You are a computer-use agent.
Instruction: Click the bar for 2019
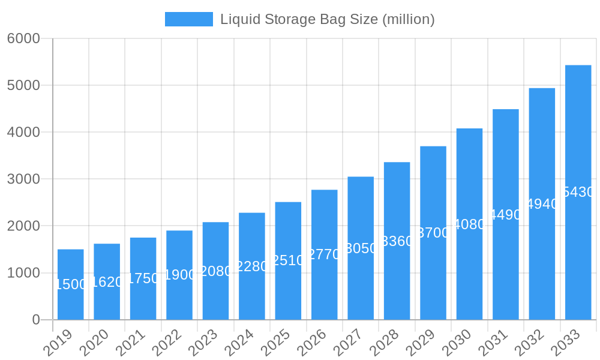point(71,284)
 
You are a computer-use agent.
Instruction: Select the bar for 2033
point(578,192)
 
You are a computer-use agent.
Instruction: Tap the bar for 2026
point(324,254)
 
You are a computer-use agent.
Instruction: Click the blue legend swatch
point(188,19)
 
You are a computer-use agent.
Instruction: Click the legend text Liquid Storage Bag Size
point(327,19)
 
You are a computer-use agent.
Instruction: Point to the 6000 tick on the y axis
point(23,38)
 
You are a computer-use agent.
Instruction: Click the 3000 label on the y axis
point(23,179)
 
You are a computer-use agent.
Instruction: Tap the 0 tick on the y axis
point(36,320)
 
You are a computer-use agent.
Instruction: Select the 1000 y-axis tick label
point(23,273)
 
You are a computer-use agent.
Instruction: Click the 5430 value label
point(578,192)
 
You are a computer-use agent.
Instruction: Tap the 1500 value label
point(71,284)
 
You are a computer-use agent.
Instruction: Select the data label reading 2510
point(288,260)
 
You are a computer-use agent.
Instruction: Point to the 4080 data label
point(469,224)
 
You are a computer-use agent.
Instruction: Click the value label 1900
point(179,275)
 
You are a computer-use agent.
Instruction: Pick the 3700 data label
point(433,233)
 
